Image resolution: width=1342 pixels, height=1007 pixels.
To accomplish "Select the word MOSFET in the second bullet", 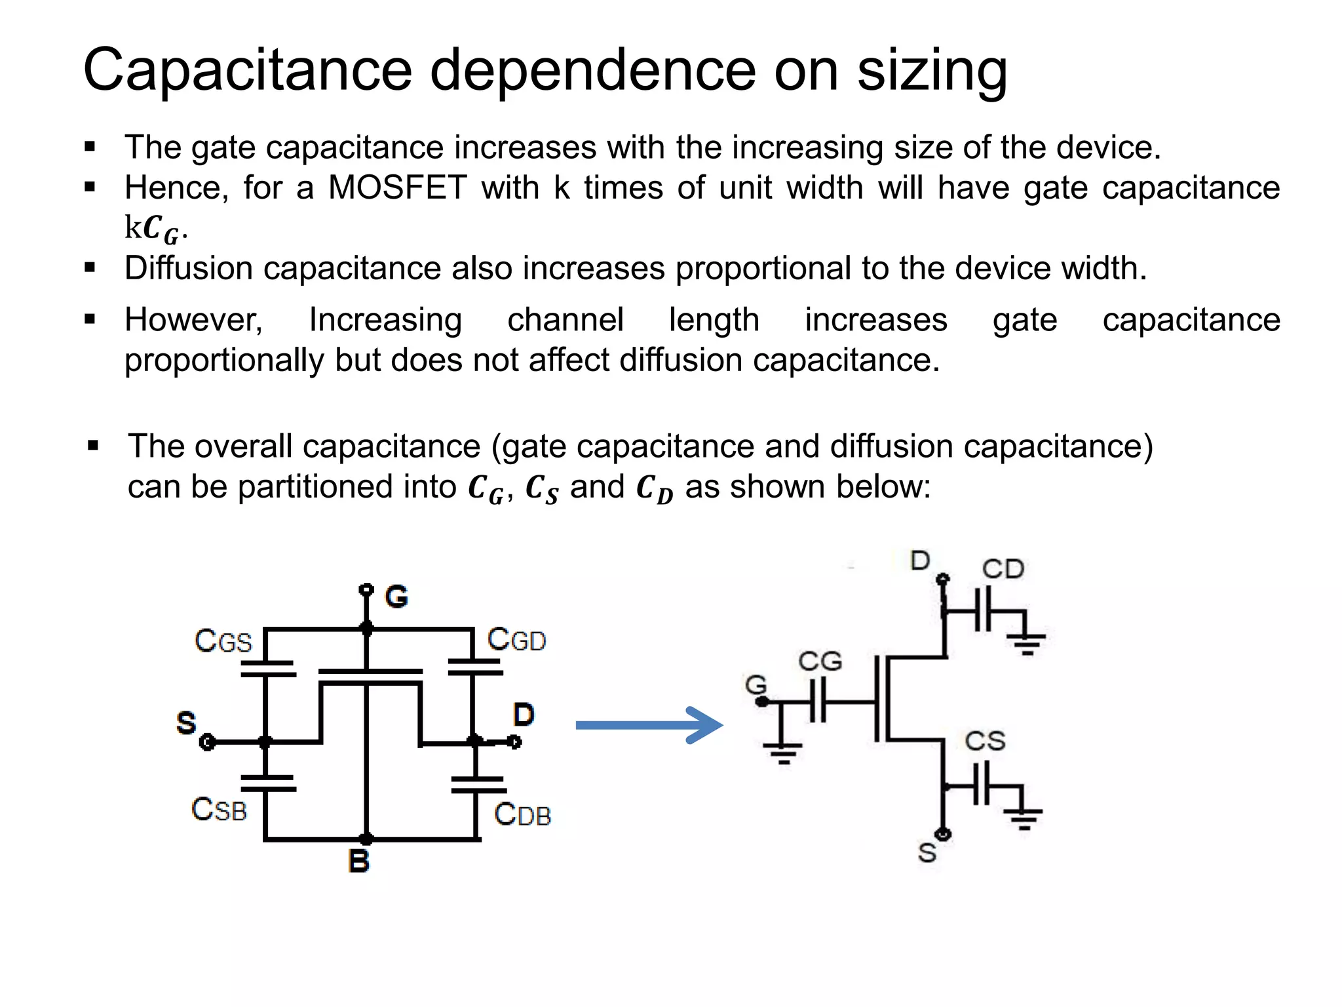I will pyautogui.click(x=397, y=188).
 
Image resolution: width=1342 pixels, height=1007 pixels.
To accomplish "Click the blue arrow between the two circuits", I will pyautogui.click(x=649, y=724).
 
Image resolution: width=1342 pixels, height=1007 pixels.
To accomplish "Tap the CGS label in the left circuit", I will pyautogui.click(x=223, y=641).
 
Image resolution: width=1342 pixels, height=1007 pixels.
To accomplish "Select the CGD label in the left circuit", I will pyautogui.click(x=516, y=639).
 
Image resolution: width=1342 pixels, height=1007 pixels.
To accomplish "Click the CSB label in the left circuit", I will pyautogui.click(x=219, y=809).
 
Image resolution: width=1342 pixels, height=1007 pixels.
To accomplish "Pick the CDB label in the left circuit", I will pyautogui.click(x=522, y=814).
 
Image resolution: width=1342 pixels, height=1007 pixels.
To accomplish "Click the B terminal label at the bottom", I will pyautogui.click(x=358, y=861).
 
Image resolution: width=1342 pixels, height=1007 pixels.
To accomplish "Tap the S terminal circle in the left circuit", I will pyautogui.click(x=208, y=742).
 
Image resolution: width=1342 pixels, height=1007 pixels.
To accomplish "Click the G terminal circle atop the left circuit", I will pyautogui.click(x=366, y=589).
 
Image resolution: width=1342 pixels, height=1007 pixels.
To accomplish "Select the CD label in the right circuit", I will pyautogui.click(x=1003, y=568).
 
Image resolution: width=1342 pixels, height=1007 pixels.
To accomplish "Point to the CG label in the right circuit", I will pyautogui.click(x=820, y=661).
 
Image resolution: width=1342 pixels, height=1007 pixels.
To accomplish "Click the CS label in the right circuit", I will pyautogui.click(x=984, y=741).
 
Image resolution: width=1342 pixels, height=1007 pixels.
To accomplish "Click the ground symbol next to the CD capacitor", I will pyautogui.click(x=1027, y=642).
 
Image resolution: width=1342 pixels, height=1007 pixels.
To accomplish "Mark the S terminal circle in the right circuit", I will pyautogui.click(x=944, y=835).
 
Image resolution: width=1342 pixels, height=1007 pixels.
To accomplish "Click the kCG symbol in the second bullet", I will pyautogui.click(x=155, y=229).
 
